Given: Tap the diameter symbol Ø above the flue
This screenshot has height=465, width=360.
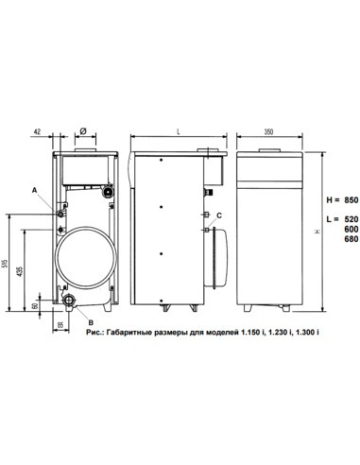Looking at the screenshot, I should [84, 132].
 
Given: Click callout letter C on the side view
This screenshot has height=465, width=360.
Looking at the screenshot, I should [218, 216].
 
